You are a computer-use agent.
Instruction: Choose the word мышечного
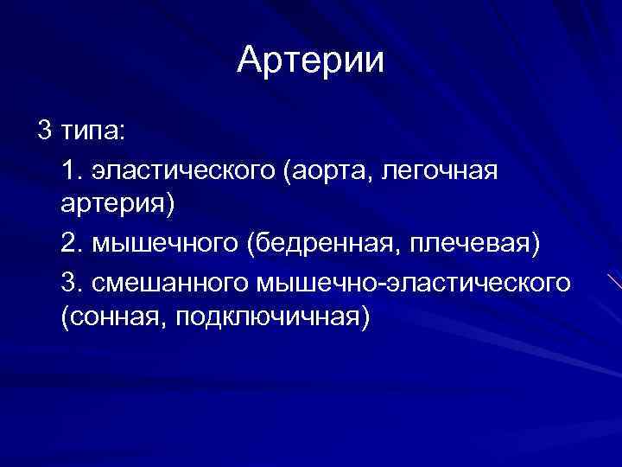(x=163, y=246)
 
